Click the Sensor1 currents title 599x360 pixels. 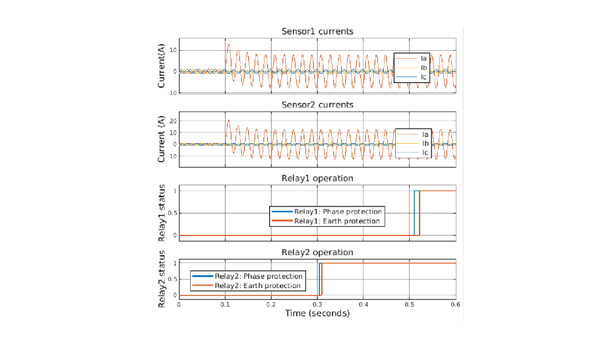(317, 31)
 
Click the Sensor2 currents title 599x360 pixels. (317, 105)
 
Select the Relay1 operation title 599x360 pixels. (317, 178)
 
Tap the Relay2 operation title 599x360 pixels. (317, 253)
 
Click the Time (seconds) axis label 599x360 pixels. (317, 313)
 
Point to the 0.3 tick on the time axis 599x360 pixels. (317, 305)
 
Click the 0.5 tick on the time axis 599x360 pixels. (409, 305)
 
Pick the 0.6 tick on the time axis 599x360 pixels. (455, 305)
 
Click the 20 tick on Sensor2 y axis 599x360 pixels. (173, 121)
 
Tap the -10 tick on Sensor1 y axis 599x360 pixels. (172, 93)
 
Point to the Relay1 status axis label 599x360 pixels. (162, 213)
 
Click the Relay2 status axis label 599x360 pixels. (162, 279)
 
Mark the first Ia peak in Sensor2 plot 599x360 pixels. (228, 120)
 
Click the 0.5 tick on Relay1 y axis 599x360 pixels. (173, 213)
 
